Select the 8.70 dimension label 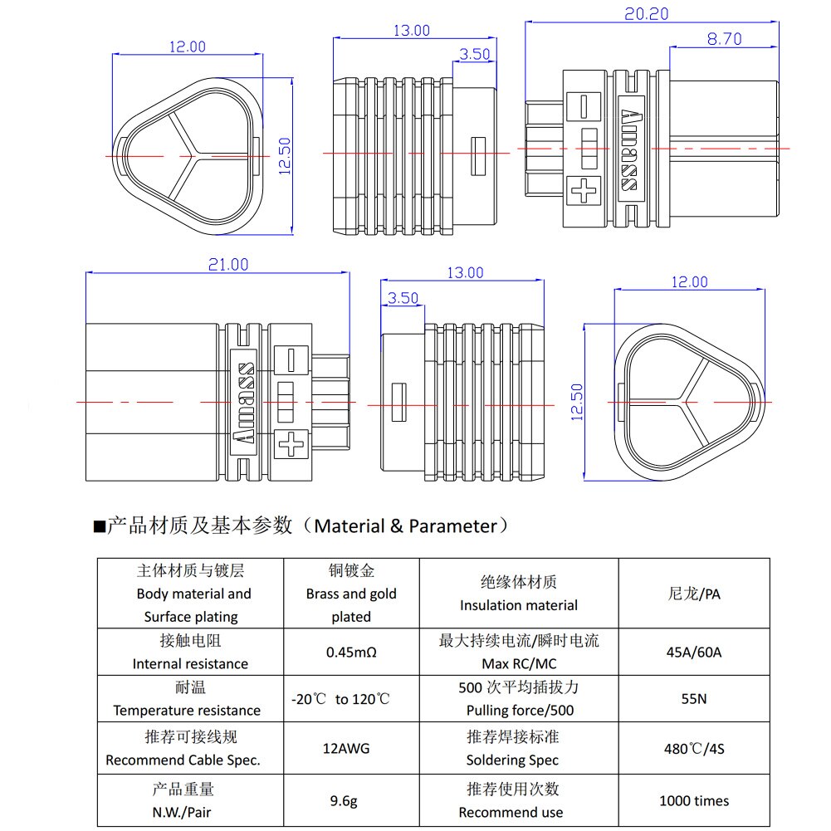[x=724, y=38]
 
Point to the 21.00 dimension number [x=227, y=265]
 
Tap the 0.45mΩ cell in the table [x=351, y=652]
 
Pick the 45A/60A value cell [x=694, y=652]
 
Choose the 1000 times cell [x=694, y=801]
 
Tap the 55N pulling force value [x=694, y=699]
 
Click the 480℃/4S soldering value [x=694, y=748]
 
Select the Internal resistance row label [x=190, y=663]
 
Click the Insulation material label [x=519, y=605]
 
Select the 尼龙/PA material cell [x=694, y=594]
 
